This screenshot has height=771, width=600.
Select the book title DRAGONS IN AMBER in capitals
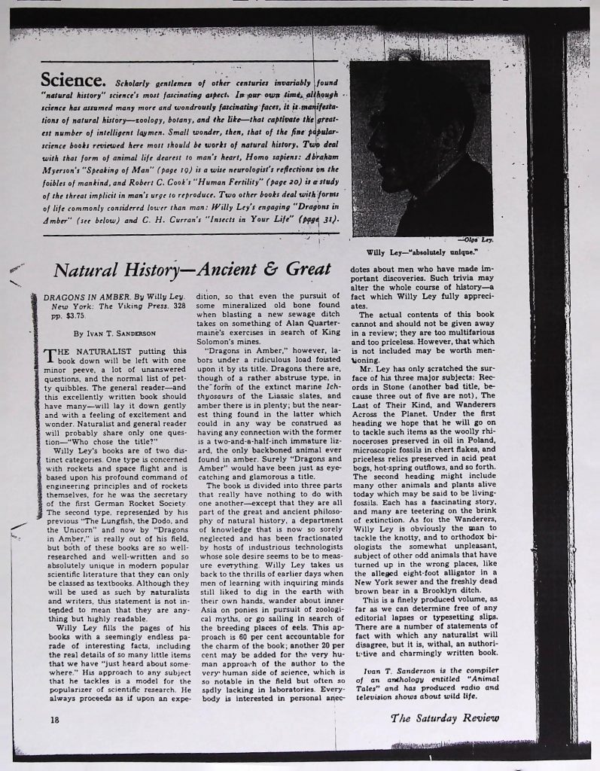coord(78,297)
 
